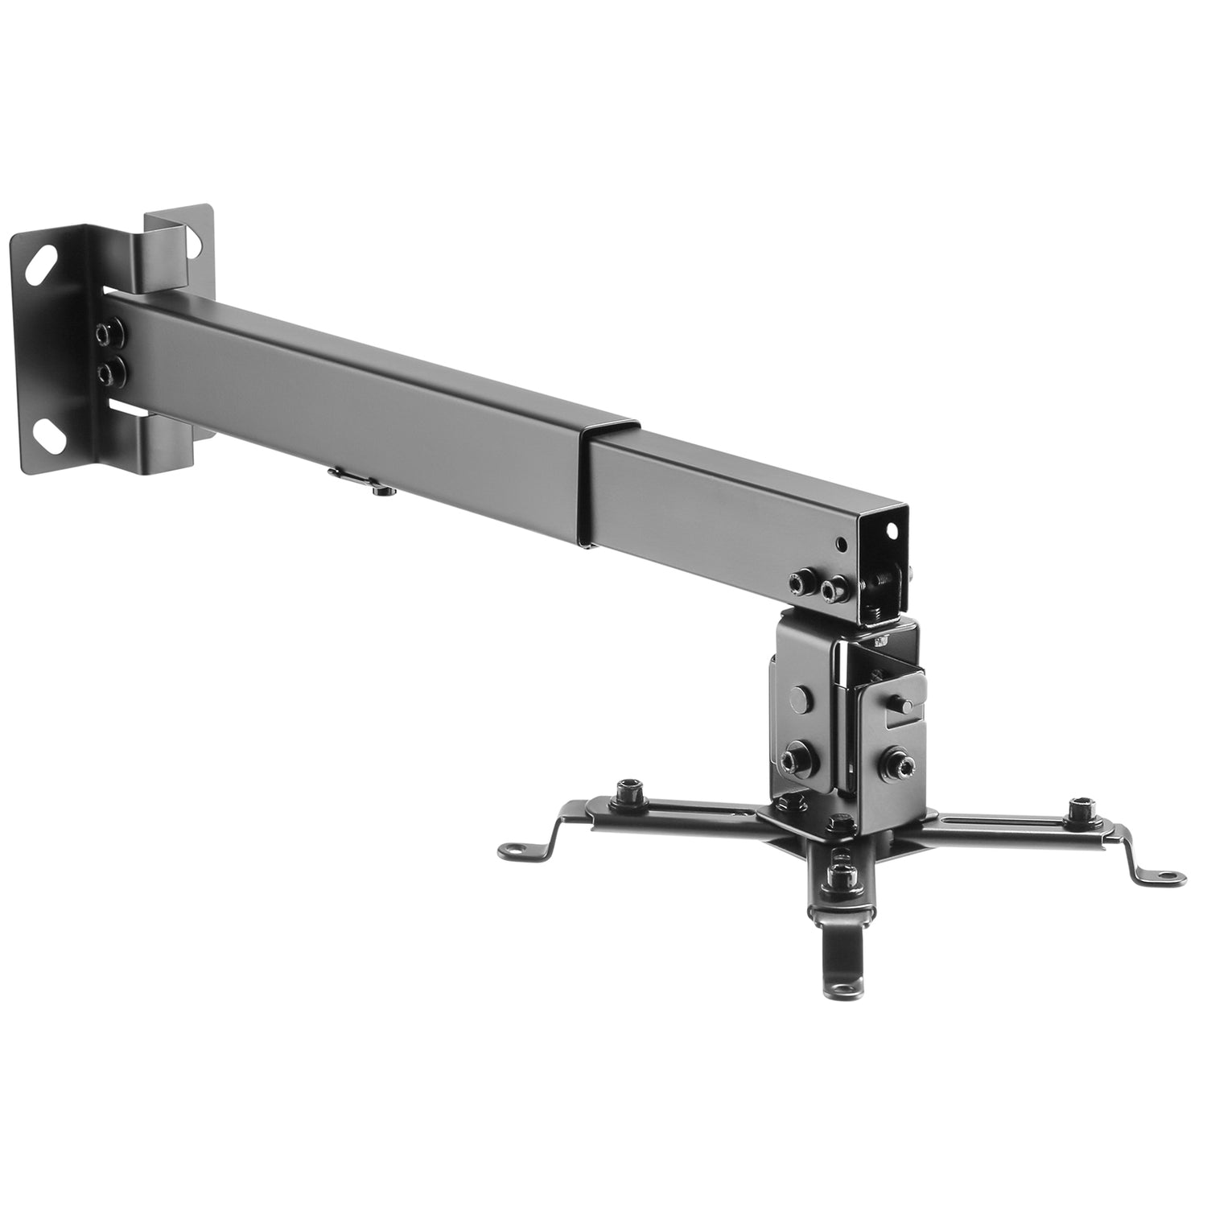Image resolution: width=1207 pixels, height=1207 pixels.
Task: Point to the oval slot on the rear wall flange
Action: [x=196, y=240]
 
